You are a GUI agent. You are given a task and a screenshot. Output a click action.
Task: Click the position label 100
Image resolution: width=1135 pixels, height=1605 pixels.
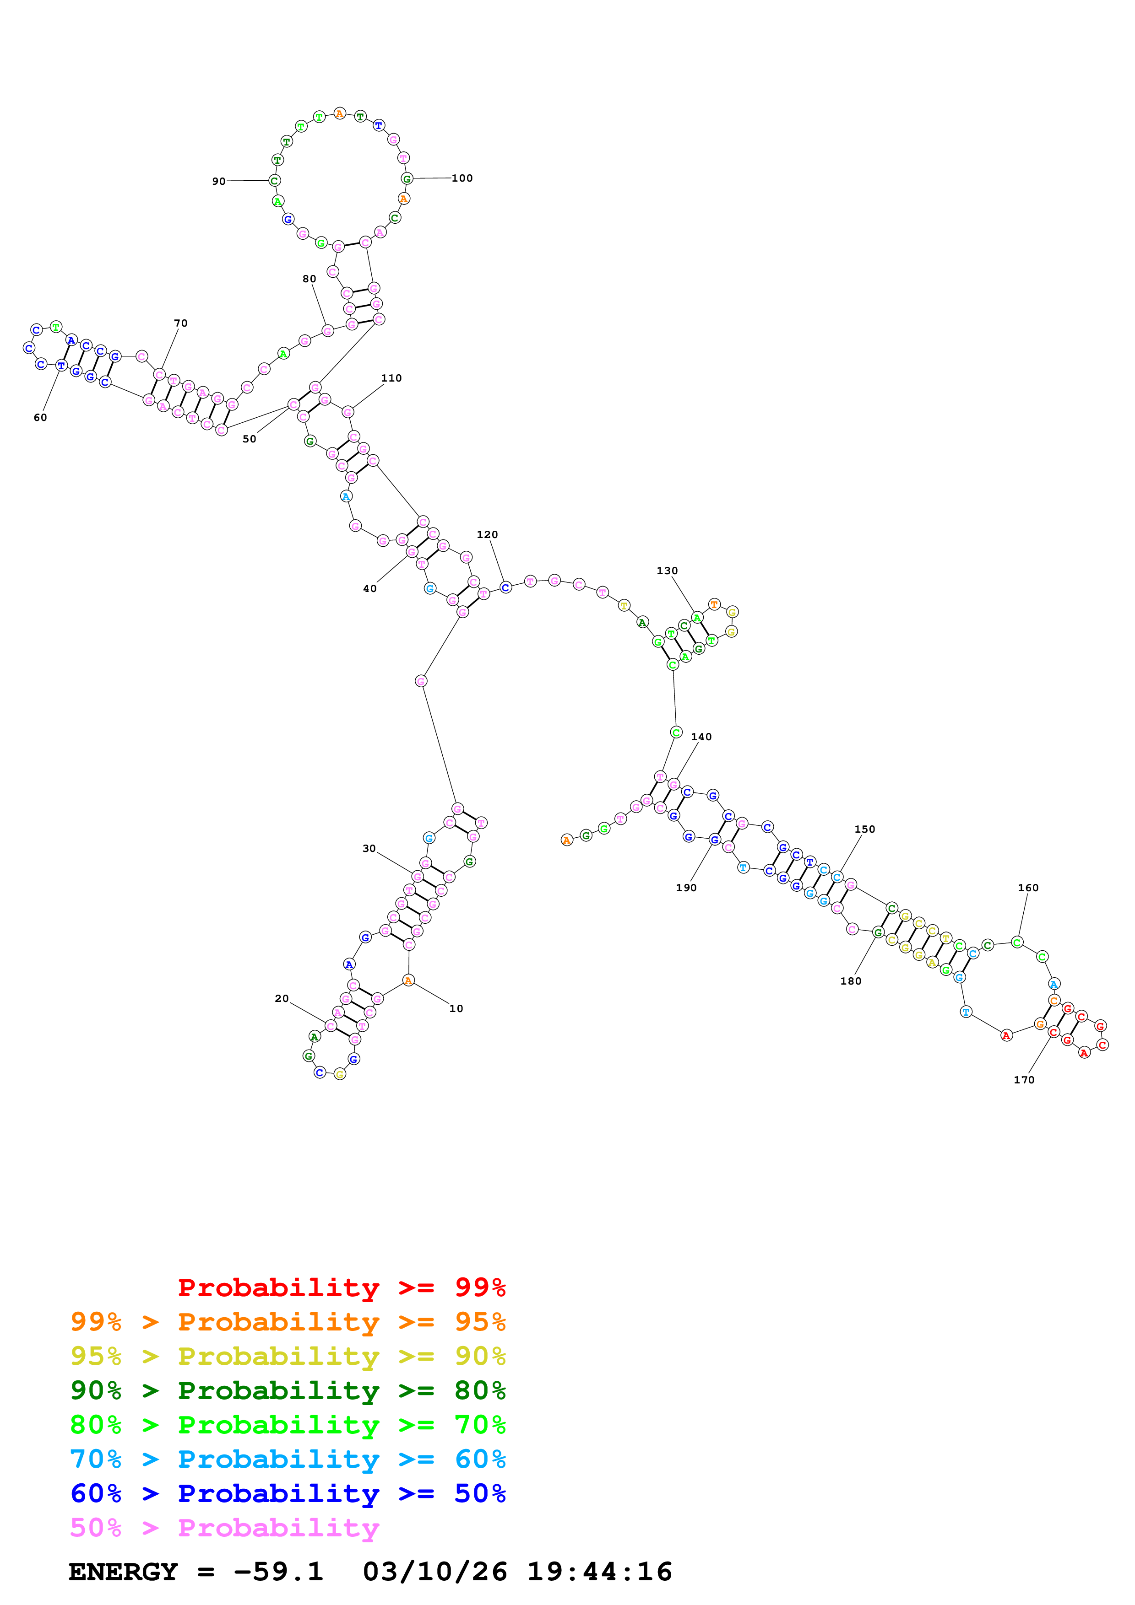[462, 178]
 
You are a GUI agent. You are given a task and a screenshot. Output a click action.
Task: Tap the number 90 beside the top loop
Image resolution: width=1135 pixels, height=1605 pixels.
[219, 182]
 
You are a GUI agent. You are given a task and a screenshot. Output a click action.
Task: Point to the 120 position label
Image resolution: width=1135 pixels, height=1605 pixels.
[488, 535]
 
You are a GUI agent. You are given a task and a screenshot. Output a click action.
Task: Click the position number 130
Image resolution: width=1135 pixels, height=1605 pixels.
[667, 571]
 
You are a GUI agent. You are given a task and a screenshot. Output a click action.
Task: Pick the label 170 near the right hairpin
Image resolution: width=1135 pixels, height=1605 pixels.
[1024, 1080]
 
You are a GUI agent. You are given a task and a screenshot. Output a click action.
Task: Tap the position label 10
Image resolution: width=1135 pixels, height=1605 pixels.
[456, 1009]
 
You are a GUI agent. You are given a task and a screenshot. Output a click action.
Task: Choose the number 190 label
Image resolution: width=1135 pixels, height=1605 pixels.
[686, 888]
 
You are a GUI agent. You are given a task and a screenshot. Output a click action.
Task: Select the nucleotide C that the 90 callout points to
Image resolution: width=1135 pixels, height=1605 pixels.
[274, 181]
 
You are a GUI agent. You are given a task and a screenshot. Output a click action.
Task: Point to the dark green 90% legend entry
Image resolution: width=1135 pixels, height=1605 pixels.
[288, 1390]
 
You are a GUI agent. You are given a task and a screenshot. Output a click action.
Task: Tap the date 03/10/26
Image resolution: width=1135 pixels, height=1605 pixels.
[434, 1572]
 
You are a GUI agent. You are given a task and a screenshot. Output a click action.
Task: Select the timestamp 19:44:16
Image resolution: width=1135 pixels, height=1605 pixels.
[599, 1572]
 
